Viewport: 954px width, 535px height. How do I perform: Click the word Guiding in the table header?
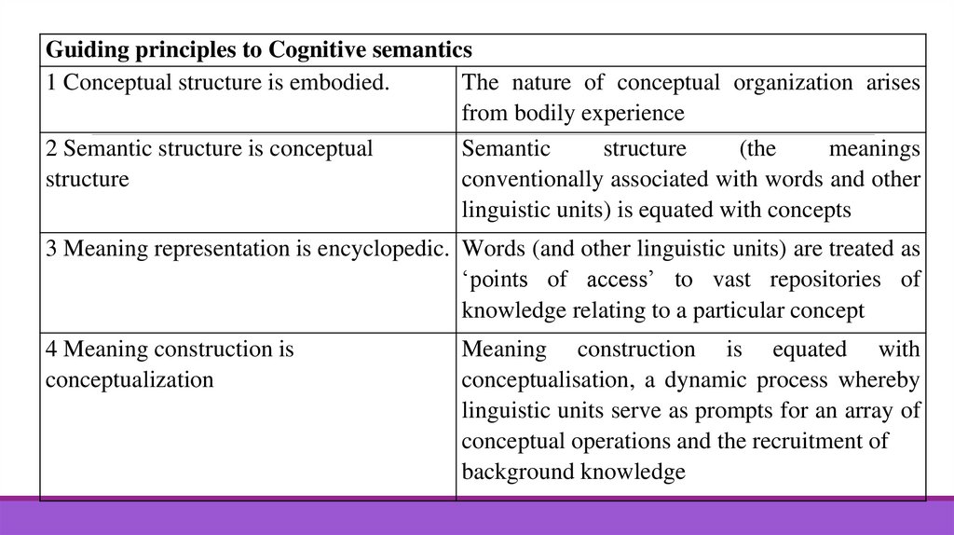tap(81, 49)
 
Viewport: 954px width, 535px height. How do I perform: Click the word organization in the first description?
tap(786, 83)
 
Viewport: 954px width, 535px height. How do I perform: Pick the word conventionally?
tap(527, 179)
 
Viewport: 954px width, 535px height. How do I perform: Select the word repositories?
tap(818, 280)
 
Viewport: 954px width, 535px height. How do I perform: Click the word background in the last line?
tap(516, 473)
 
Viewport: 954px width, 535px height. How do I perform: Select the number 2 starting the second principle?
tap(51, 149)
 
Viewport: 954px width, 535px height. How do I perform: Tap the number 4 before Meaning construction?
tap(51, 350)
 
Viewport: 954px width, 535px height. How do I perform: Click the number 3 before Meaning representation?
tap(51, 250)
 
